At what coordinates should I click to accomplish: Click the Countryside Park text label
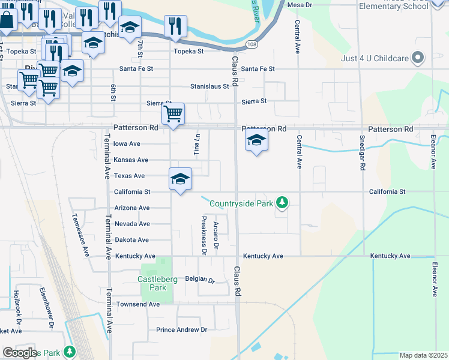[241, 203]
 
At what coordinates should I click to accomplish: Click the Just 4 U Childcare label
[375, 58]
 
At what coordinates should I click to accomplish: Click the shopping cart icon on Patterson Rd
[173, 113]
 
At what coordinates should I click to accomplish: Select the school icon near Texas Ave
[180, 178]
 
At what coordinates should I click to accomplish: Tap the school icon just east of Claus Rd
[256, 140]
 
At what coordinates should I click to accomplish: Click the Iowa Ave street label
[127, 144]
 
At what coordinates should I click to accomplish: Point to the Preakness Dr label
[203, 235]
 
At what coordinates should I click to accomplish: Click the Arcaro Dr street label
[216, 235]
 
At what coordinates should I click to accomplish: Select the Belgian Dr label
[199, 280]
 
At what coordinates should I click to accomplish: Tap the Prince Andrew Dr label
[181, 329]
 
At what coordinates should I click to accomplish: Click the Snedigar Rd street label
[362, 154]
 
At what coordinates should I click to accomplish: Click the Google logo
[20, 353]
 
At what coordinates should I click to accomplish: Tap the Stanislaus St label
[209, 86]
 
